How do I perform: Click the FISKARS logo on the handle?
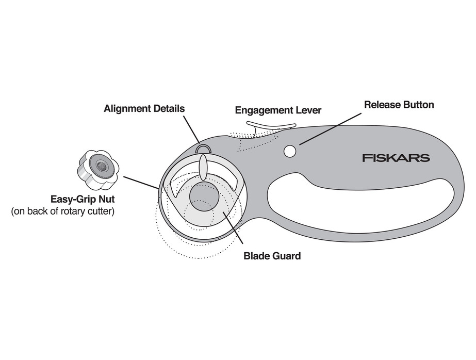pyautogui.click(x=396, y=158)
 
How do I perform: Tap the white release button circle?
pyautogui.click(x=290, y=151)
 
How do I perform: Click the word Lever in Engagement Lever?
pyautogui.click(x=307, y=110)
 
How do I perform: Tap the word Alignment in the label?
pyautogui.click(x=127, y=109)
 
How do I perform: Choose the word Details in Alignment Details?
pyautogui.click(x=169, y=108)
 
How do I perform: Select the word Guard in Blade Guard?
pyautogui.click(x=286, y=256)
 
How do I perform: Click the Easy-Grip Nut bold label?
pyautogui.click(x=83, y=200)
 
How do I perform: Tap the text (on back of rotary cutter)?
pyautogui.click(x=62, y=211)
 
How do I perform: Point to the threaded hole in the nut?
pyautogui.click(x=101, y=166)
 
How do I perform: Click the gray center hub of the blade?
pyautogui.click(x=204, y=197)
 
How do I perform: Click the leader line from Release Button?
pyautogui.click(x=330, y=129)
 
